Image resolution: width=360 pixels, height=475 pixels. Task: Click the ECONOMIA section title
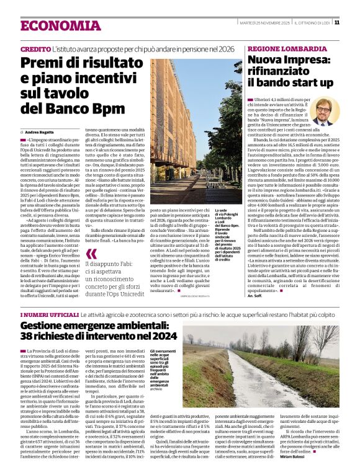pos(52,25)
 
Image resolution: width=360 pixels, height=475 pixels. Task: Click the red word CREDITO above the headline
pos(35,48)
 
